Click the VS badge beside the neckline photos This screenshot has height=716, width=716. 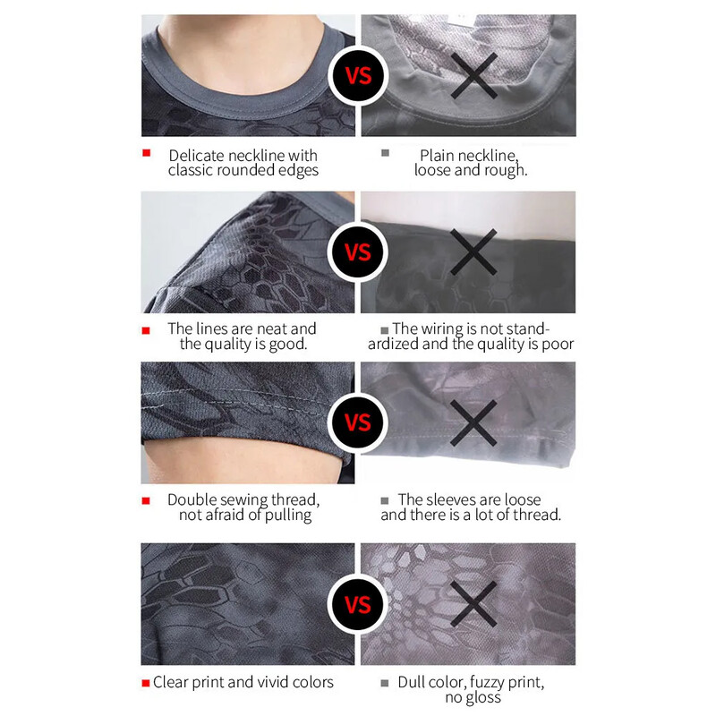coord(358,76)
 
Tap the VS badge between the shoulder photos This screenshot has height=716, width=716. coord(358,252)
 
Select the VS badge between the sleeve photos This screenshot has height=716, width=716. coord(358,422)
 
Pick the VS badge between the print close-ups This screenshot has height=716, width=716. coord(358,604)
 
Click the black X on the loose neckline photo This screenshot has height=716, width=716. coord(474,76)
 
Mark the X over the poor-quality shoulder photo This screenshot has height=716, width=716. coord(473,252)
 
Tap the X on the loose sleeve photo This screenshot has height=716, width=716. coord(473,422)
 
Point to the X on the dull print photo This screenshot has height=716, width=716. coord(473,604)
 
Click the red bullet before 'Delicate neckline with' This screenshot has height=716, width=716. coord(146,153)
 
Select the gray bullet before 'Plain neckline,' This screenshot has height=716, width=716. coord(386,153)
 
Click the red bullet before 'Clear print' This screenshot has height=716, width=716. coord(146,683)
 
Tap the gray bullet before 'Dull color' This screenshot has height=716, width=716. coord(385,683)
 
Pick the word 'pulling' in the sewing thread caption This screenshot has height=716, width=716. coord(288,516)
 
